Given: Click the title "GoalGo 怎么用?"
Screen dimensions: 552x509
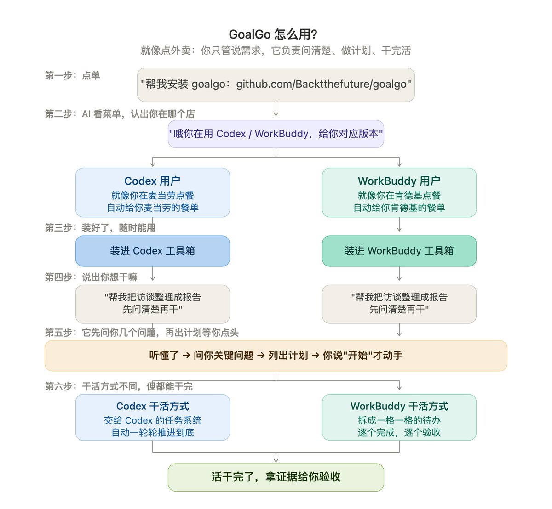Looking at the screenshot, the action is (273, 34).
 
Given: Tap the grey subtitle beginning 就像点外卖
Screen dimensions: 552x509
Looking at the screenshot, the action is (276, 51).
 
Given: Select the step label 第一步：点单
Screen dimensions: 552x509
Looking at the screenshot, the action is (73, 75).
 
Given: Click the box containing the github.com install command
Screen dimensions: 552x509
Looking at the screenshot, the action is (276, 85).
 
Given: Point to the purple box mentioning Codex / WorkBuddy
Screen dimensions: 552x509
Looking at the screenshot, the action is (276, 134).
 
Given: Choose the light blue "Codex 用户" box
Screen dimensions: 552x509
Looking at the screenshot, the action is (153, 192).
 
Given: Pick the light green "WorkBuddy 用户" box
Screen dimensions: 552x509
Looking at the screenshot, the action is (399, 192).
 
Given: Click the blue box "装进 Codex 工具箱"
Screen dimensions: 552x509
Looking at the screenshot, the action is (153, 251).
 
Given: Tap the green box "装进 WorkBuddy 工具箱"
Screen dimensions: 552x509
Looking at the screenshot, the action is (399, 251).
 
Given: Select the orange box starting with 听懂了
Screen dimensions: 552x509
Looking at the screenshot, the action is (276, 356).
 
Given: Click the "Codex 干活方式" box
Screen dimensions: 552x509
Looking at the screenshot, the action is (153, 418).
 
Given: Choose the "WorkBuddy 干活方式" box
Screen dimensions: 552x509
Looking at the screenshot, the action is (399, 418).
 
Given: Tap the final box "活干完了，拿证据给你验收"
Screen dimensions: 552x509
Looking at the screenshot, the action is (276, 477).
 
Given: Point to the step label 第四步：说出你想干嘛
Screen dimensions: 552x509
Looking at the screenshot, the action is (91, 277).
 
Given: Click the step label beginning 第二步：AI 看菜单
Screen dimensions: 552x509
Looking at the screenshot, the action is (120, 114).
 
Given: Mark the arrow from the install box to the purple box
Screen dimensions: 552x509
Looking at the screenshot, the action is (276, 109).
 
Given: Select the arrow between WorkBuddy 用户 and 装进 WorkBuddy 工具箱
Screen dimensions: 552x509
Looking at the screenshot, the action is (399, 224).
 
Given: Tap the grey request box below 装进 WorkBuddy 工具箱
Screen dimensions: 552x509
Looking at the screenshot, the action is (399, 304).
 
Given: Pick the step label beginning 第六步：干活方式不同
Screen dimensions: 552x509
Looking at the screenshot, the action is (119, 386).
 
